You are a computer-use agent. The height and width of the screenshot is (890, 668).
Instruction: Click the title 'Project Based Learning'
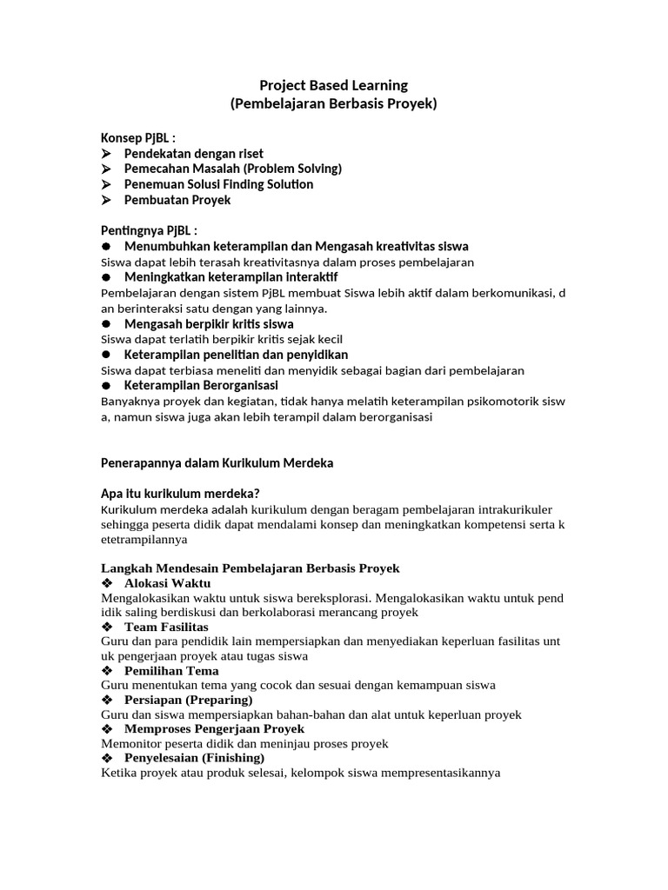pyautogui.click(x=334, y=85)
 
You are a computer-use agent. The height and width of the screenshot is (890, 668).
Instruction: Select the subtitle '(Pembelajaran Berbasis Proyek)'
pyautogui.click(x=334, y=104)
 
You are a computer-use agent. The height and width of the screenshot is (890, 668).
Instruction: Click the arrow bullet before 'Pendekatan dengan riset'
pyautogui.click(x=107, y=154)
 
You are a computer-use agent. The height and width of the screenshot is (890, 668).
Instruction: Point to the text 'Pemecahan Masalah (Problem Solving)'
pyautogui.click(x=232, y=169)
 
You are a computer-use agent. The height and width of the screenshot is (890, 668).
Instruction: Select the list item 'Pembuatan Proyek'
pyautogui.click(x=177, y=200)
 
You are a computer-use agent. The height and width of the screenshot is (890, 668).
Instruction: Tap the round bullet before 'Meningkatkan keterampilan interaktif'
pyautogui.click(x=106, y=277)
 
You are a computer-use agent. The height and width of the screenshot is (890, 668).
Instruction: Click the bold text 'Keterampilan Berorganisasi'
pyautogui.click(x=201, y=385)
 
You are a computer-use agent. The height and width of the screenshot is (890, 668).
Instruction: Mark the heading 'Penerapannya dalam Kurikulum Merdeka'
pyautogui.click(x=217, y=463)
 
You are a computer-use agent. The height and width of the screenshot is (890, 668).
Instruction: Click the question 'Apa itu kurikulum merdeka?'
pyautogui.click(x=181, y=494)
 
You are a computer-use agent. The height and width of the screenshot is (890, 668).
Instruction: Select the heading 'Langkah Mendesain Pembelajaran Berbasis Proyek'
pyautogui.click(x=250, y=568)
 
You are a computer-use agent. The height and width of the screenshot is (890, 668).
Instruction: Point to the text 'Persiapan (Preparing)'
pyautogui.click(x=188, y=700)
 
